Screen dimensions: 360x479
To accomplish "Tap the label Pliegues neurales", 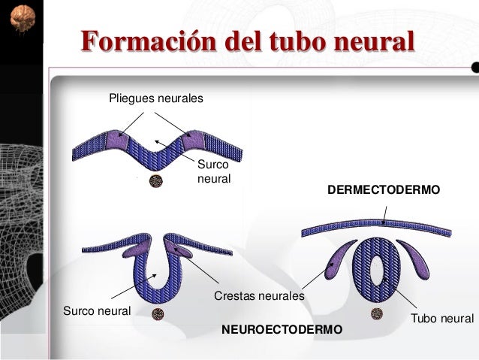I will click(156, 98).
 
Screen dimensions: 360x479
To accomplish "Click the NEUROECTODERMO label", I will click(282, 330).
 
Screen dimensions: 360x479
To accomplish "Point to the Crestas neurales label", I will click(260, 296).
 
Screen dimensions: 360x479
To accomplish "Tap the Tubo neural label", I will click(442, 319).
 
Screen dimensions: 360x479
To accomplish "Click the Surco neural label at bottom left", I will click(97, 310).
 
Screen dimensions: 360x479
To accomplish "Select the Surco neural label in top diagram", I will click(213, 172).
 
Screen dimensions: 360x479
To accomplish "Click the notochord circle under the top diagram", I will click(156, 181).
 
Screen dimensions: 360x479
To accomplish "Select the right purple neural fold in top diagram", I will click(194, 140).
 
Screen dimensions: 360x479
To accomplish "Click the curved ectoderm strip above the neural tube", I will click(383, 223).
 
